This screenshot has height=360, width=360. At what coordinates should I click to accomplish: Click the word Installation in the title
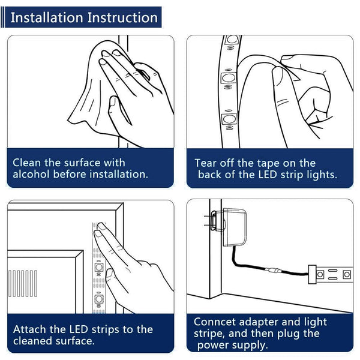[x=47, y=17]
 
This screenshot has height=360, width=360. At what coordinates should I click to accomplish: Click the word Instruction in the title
[x=122, y=17]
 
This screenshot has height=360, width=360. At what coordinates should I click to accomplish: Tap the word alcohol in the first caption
[x=31, y=174]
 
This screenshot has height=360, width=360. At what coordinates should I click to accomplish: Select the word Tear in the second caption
[x=205, y=163]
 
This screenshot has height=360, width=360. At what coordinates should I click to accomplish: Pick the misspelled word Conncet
[x=215, y=322]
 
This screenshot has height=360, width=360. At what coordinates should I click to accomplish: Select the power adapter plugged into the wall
[x=234, y=227]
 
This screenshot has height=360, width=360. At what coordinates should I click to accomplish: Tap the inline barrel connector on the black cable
[x=272, y=270]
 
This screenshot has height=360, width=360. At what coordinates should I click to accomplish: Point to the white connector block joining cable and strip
[x=312, y=274]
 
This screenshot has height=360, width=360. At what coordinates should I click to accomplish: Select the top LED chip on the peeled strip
[x=232, y=39]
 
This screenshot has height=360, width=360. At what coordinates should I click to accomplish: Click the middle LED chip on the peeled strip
[x=229, y=78]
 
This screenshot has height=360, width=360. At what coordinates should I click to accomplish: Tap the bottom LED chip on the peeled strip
[x=229, y=119]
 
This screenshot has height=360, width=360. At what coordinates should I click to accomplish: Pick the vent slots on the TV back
[x=23, y=283]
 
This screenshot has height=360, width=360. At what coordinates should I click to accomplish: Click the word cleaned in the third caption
[x=32, y=341]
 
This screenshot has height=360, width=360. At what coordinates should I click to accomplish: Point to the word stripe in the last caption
[x=208, y=334]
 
